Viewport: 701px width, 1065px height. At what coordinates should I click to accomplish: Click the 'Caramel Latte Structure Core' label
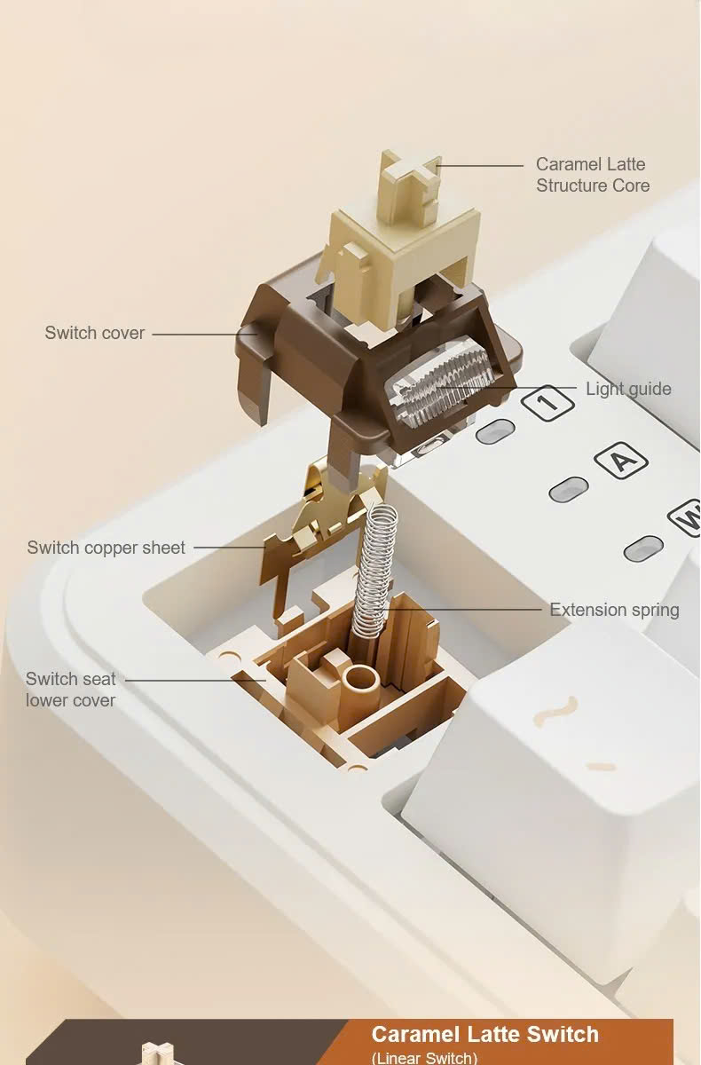(593, 175)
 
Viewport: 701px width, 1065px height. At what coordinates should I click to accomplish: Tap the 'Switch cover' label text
(95, 333)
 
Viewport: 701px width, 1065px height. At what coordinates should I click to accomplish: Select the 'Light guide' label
(628, 389)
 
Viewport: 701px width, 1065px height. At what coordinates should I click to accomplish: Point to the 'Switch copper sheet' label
(106, 548)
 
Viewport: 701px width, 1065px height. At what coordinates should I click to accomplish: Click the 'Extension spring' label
(615, 610)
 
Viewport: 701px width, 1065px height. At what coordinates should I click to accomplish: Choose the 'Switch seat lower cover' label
(71, 690)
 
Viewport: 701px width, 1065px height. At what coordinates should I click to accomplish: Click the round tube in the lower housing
(362, 680)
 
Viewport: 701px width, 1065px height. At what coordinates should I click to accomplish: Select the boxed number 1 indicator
(548, 402)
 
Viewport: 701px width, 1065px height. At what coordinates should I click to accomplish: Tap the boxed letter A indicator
(620, 460)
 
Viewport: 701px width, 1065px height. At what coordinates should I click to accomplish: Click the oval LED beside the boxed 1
(495, 431)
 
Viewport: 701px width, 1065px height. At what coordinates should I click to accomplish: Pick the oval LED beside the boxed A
(569, 489)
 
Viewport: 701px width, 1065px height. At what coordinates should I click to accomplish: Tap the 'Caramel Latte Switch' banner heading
(484, 1034)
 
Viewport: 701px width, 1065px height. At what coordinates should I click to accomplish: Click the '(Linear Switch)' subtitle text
(424, 1058)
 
